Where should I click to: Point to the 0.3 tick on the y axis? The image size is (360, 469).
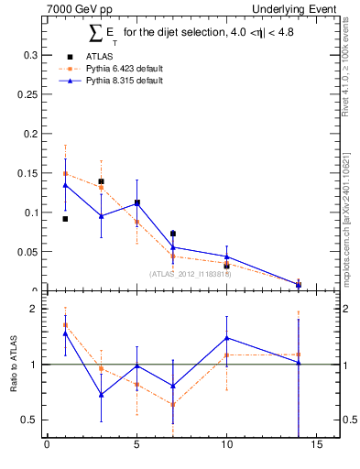pyautogui.click(x=28, y=55)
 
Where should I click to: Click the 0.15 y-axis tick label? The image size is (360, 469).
pyautogui.click(x=26, y=173)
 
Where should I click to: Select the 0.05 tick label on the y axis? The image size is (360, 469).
pyautogui.click(x=26, y=252)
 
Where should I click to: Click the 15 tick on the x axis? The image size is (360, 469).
pyautogui.click(x=316, y=446)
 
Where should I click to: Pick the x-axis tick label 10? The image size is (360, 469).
pyautogui.click(x=226, y=446)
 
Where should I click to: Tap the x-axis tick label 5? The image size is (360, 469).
pyautogui.click(x=136, y=446)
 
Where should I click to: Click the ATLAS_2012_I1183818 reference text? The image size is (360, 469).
pyautogui.click(x=191, y=273)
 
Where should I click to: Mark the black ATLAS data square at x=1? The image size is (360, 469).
pyautogui.click(x=65, y=219)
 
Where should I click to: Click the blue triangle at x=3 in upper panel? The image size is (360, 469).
pyautogui.click(x=101, y=216)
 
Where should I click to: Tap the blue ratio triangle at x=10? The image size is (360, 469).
pyautogui.click(x=226, y=338)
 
